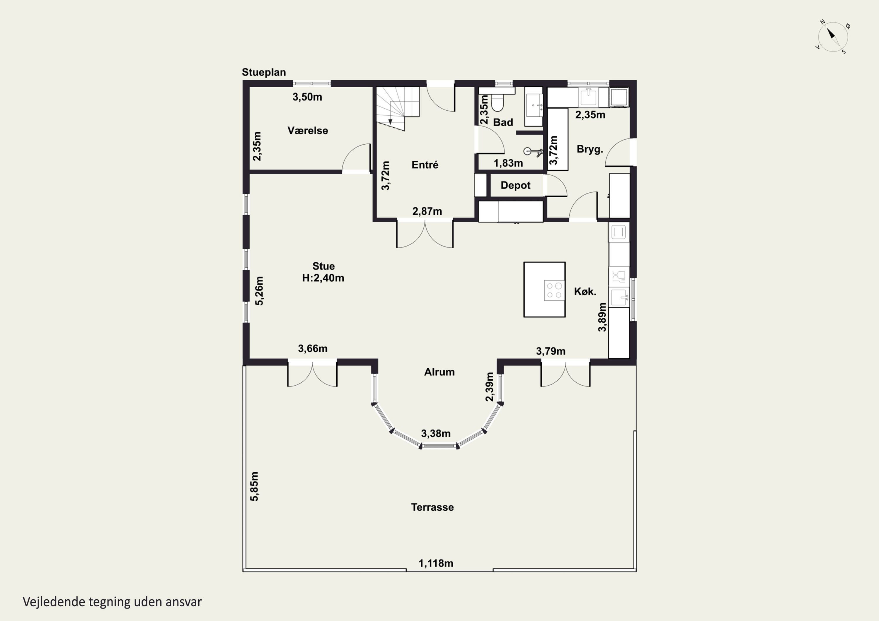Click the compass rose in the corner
[x=833, y=37]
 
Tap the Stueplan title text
[x=264, y=72]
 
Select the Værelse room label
[x=308, y=131]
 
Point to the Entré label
[x=425, y=165]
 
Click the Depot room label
[x=515, y=186]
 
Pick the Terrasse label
[x=432, y=507]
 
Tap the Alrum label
[x=439, y=372]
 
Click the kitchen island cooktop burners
[x=554, y=290]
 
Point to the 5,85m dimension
[x=254, y=486]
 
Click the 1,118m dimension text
[x=436, y=563]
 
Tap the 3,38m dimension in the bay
[x=436, y=434]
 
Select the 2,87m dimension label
[x=427, y=211]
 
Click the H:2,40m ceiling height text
[x=323, y=278]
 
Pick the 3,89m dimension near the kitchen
[x=602, y=317]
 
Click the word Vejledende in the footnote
[x=54, y=602]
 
